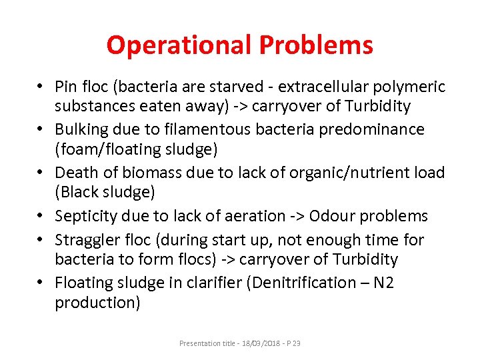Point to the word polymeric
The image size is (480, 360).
click(x=411, y=87)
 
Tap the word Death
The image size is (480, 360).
click(x=74, y=173)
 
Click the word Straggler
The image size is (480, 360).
click(x=86, y=239)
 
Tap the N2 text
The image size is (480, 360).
click(x=384, y=283)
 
